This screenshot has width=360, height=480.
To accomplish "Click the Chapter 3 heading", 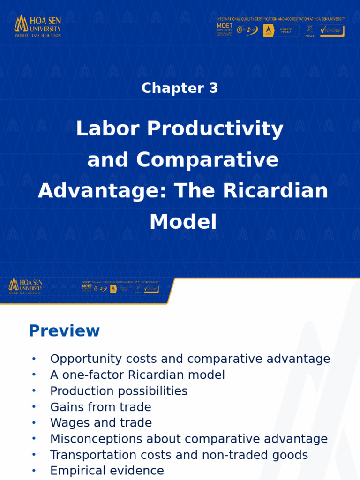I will tap(180, 88).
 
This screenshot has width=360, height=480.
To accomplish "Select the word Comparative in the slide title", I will tap(207, 160).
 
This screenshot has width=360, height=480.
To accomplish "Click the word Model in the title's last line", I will tap(183, 222).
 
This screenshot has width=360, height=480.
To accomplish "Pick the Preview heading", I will tap(64, 331).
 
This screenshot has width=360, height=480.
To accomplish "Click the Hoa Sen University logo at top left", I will tap(37, 26).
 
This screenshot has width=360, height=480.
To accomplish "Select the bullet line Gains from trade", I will tap(100, 407).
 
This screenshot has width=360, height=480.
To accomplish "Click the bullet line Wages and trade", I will tap(101, 423).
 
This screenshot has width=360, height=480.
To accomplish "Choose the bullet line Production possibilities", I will tap(119, 391).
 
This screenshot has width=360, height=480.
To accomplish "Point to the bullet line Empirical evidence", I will tap(107, 471).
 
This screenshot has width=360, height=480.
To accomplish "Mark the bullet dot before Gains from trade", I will tap(34, 407).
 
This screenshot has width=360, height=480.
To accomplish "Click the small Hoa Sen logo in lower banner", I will tap(26, 286).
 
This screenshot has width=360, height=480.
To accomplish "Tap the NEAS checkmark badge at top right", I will tap(332, 31).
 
